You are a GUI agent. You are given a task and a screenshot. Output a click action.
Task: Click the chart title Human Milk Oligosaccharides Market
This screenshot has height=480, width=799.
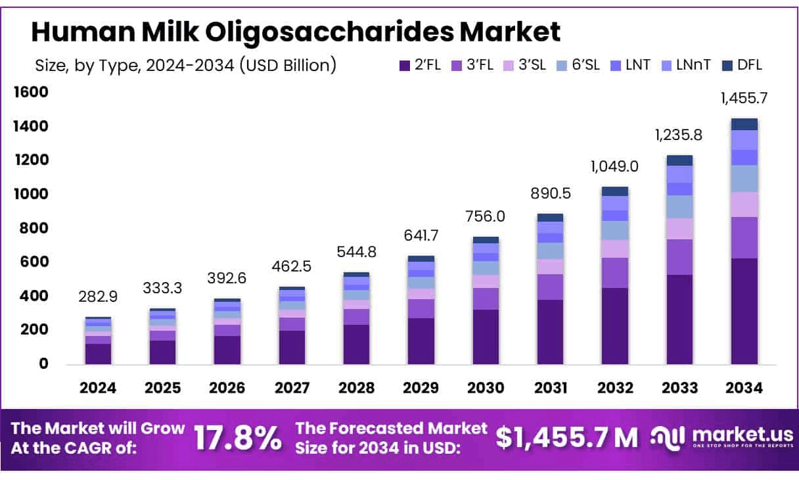click(296, 32)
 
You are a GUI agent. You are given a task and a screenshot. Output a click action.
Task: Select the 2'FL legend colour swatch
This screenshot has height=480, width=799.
click(404, 65)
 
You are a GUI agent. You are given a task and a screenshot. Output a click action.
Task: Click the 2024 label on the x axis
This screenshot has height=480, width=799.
click(98, 388)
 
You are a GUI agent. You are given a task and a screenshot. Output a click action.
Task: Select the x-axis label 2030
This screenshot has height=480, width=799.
click(485, 388)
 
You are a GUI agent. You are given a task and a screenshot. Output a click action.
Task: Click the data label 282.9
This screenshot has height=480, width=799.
click(98, 297)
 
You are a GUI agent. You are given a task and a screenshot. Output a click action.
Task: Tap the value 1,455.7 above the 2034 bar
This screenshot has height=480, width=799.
click(744, 99)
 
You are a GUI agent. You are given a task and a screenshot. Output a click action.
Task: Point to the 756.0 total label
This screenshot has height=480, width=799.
click(485, 216)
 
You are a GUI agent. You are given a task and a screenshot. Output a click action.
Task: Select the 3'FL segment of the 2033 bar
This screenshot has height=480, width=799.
click(679, 257)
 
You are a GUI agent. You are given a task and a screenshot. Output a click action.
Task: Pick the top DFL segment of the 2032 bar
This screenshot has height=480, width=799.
click(614, 191)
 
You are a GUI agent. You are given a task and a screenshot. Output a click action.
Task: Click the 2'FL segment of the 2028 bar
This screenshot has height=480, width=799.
click(356, 344)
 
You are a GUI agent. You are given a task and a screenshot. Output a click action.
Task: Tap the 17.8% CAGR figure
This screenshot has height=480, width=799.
click(238, 438)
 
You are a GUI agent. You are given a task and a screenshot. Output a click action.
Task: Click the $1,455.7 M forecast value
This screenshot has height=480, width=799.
click(566, 438)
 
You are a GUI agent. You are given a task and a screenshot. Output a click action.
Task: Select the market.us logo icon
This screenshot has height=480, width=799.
click(668, 437)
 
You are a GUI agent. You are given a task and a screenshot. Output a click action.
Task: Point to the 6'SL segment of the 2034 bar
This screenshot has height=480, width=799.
click(744, 178)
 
